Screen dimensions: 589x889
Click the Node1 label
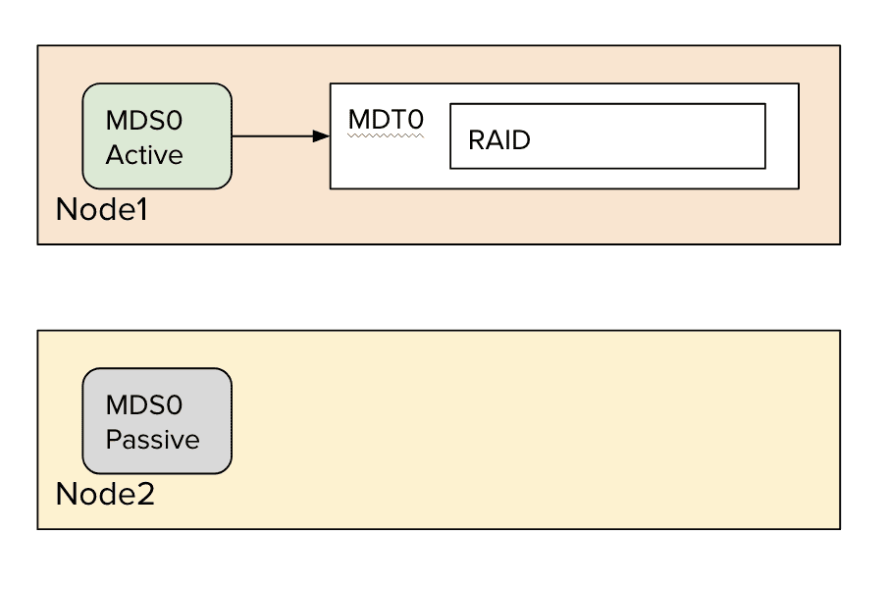click(101, 209)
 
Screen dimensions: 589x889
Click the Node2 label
click(104, 494)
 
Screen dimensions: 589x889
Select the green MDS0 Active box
click(157, 135)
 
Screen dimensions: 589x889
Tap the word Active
click(144, 155)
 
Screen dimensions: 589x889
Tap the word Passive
click(152, 440)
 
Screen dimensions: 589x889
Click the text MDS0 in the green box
click(144, 121)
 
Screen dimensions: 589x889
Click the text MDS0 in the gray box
click(144, 405)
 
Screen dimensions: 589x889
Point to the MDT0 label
click(386, 120)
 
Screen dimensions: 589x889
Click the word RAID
click(498, 139)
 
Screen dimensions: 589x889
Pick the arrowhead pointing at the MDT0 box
click(321, 136)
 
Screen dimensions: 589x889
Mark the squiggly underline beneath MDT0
click(386, 136)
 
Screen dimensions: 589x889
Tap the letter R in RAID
click(476, 139)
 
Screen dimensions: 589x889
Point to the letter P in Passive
click(113, 440)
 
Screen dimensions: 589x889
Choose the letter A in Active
click(114, 155)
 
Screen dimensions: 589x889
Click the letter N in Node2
click(66, 494)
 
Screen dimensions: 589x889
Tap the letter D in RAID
click(521, 139)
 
